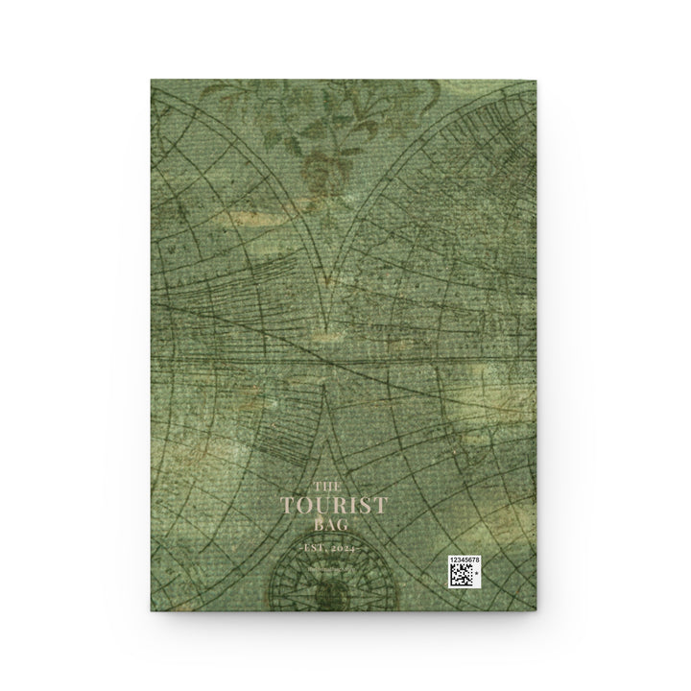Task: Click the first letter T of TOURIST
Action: (285, 505)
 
